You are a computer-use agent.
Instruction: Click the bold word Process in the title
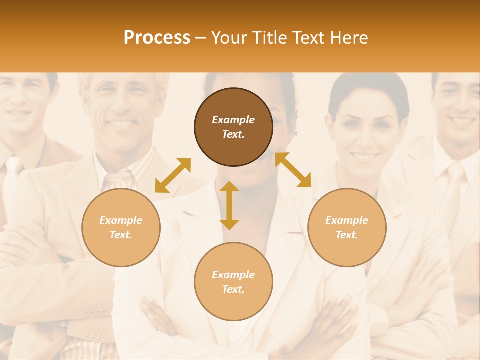click(x=157, y=38)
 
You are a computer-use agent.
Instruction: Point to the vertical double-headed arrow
click(x=229, y=205)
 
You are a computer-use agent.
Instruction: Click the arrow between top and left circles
click(x=173, y=175)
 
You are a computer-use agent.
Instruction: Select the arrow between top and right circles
click(x=293, y=170)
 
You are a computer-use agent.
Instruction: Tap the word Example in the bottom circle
click(x=233, y=275)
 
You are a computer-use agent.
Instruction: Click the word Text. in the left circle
click(x=121, y=235)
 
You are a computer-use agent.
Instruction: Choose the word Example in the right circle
click(x=347, y=220)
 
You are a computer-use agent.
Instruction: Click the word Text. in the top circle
click(x=233, y=134)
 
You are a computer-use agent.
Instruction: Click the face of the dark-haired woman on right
click(x=366, y=130)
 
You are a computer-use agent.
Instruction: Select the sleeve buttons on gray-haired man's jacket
click(x=95, y=332)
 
